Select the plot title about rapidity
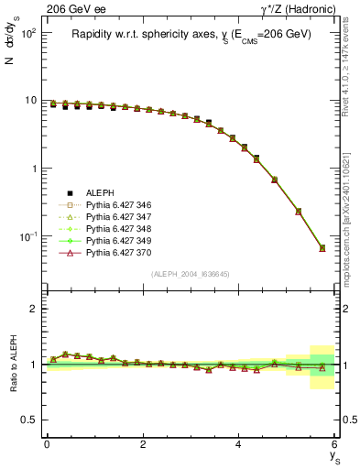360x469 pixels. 191,34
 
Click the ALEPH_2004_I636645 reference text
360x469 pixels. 191,274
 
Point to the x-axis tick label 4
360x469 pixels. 238,444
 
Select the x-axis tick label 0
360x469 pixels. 47,444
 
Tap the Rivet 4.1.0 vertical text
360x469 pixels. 349,78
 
